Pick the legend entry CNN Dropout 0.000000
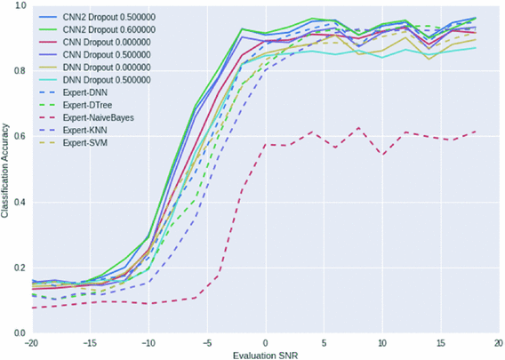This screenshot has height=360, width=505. click(102, 42)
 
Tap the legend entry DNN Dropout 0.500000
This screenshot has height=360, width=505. click(102, 79)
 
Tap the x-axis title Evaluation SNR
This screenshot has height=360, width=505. click(266, 352)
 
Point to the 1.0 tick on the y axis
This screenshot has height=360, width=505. click(19, 6)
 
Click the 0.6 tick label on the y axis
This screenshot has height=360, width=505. click(19, 137)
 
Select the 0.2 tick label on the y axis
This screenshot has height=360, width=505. click(19, 268)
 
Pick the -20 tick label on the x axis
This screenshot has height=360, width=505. click(31, 340)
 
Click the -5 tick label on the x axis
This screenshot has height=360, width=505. click(206, 340)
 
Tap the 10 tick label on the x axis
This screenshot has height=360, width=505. click(382, 340)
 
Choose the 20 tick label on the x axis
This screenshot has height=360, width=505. click(499, 340)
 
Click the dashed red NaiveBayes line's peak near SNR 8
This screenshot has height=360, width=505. click(358, 128)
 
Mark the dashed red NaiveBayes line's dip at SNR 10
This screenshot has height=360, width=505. click(382, 155)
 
